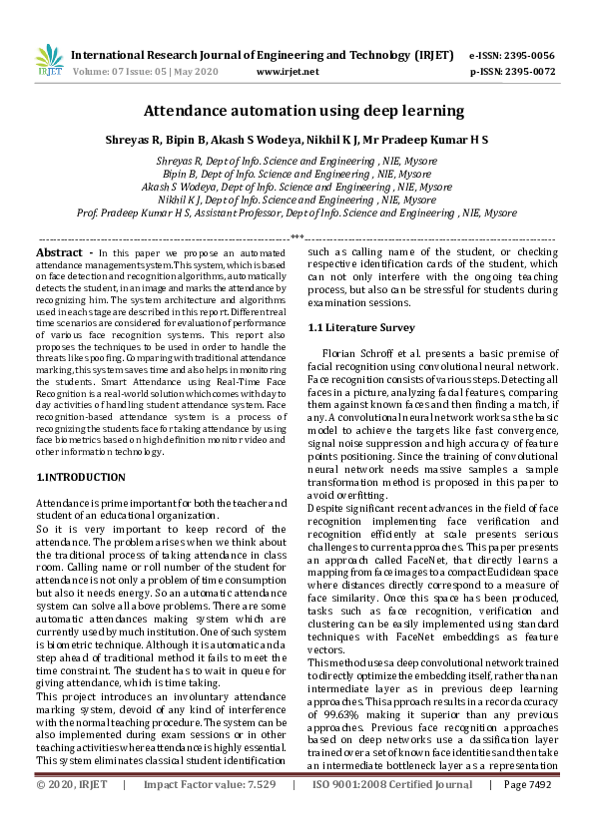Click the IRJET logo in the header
tap(48, 63)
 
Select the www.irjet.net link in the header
tap(288, 72)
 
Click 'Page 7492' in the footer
tap(529, 813)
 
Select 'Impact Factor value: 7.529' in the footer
tap(209, 813)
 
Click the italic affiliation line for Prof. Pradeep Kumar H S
tap(297, 212)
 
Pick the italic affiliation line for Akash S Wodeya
tap(297, 186)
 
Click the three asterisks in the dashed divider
tap(297, 237)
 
